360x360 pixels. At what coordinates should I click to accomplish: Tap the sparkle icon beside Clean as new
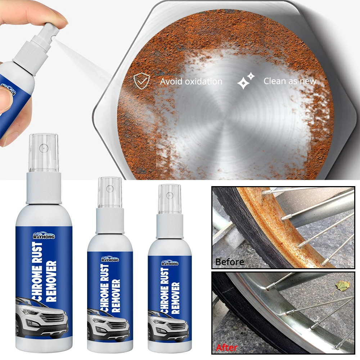[x=246, y=81]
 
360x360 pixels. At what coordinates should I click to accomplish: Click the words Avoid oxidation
[x=191, y=81]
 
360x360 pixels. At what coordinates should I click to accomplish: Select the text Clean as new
[x=289, y=81]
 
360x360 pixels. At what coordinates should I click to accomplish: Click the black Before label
[x=229, y=262]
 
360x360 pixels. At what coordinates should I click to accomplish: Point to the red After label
[x=226, y=347]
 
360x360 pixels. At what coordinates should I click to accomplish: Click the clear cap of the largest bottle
[x=44, y=152]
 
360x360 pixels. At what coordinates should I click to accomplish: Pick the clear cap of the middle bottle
[x=110, y=192]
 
